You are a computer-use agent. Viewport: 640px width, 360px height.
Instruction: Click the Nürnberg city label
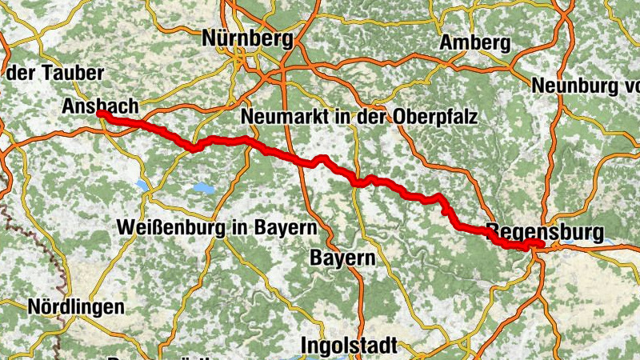[242, 37]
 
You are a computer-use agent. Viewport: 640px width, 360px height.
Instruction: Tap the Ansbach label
[101, 106]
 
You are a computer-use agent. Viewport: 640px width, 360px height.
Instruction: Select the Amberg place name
[475, 42]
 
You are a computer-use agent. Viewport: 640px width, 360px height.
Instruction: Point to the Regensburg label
[545, 232]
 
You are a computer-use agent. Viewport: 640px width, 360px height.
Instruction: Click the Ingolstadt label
[350, 346]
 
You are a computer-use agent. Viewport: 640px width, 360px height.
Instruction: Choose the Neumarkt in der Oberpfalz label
[359, 117]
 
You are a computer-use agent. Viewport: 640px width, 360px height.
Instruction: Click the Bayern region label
[342, 258]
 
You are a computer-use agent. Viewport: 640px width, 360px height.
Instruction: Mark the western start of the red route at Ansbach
[101, 114]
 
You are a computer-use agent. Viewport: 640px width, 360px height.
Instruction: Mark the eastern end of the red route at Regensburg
[541, 243]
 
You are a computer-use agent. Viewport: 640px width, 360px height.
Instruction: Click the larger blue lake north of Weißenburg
[202, 189]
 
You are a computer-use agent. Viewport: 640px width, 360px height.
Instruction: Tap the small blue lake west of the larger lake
[142, 185]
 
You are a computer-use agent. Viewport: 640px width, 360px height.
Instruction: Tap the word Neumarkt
[277, 117]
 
